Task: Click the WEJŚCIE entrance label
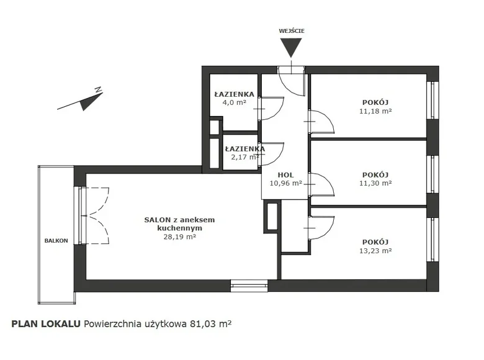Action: point(291,30)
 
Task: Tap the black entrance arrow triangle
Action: point(291,47)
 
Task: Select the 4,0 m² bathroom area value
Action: point(234,103)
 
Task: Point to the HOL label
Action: point(286,175)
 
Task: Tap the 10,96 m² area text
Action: point(286,184)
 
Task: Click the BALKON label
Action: point(56,240)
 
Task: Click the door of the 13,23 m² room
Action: point(321,226)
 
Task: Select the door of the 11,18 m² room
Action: point(321,122)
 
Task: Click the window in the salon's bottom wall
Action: point(249,286)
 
